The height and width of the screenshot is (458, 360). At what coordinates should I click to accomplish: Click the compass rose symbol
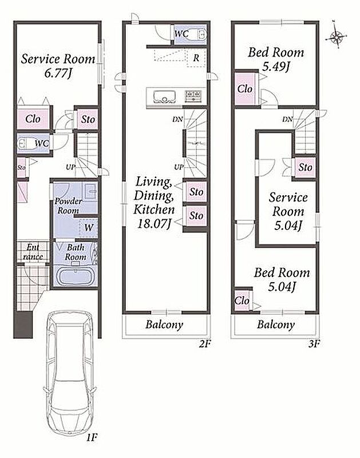click(337, 37)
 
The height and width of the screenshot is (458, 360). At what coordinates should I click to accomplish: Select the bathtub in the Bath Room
click(75, 275)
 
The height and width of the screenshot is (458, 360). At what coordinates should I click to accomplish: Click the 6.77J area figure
click(58, 73)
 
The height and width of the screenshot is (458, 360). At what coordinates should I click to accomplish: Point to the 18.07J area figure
click(154, 224)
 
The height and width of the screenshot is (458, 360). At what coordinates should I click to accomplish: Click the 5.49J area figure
click(276, 67)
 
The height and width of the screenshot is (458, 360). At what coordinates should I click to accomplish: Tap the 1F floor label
click(92, 437)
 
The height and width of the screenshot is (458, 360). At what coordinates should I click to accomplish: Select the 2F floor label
click(205, 344)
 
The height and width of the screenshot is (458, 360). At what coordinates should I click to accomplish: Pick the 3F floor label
click(314, 344)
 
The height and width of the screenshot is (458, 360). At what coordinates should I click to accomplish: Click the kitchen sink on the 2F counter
click(164, 97)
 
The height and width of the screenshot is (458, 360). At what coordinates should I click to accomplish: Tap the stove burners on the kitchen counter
click(193, 96)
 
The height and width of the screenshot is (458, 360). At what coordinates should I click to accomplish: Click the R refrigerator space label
click(196, 58)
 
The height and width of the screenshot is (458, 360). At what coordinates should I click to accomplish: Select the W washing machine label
click(89, 227)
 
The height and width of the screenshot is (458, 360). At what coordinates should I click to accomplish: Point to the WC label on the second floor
click(181, 34)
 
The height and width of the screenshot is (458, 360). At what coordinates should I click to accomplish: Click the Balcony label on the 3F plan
click(276, 325)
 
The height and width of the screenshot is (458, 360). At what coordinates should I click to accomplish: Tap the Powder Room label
click(68, 206)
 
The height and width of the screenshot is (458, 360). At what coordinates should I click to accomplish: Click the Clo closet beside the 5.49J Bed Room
click(244, 89)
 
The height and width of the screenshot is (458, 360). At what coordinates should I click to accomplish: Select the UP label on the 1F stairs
click(70, 167)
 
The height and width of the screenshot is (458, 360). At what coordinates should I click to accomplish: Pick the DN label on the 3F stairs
click(287, 119)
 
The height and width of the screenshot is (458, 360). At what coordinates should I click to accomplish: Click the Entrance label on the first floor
click(33, 252)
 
